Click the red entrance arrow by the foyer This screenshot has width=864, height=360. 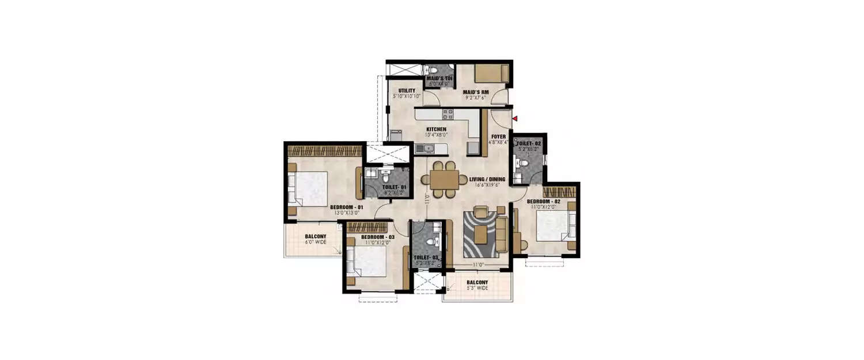pos(516,119)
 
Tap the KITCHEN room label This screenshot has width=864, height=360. pos(436,129)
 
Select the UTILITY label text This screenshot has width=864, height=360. pos(407,90)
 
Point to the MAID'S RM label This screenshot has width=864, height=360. pos(478,90)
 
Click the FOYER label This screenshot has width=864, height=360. pos(498,137)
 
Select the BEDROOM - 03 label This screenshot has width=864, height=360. pos(378,237)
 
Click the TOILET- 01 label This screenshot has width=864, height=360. pos(394,187)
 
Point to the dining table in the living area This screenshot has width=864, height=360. pos(444,179)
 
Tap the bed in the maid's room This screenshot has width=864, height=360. pos(491,74)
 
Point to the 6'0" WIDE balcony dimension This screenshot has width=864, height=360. pos(315,242)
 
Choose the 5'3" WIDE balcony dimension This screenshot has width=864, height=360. pos(478,288)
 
